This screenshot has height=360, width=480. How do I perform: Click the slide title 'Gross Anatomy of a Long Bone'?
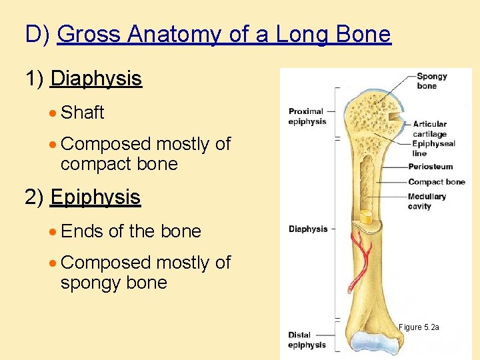point(224,33)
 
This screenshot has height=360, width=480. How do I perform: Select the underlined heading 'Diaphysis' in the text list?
point(96,79)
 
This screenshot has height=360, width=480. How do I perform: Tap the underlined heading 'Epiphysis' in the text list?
point(95,197)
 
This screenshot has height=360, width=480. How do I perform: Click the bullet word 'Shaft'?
point(82,113)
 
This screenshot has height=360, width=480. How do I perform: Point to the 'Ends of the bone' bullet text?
point(131,231)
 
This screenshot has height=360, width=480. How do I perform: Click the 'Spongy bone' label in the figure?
point(431,81)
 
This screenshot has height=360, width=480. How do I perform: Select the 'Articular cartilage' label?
point(429,128)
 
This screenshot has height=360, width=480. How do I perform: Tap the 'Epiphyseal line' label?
point(433,148)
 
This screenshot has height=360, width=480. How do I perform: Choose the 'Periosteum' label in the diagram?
point(430,167)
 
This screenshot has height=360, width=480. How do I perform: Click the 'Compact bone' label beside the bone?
point(436,182)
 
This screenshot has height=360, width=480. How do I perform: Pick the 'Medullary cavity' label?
point(427,201)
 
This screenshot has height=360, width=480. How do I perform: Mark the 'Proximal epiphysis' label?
point(307,117)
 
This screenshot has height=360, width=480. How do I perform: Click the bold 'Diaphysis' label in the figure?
point(308,229)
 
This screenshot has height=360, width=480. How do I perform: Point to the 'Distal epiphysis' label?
point(307,340)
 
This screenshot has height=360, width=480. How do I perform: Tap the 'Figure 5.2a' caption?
point(419,327)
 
